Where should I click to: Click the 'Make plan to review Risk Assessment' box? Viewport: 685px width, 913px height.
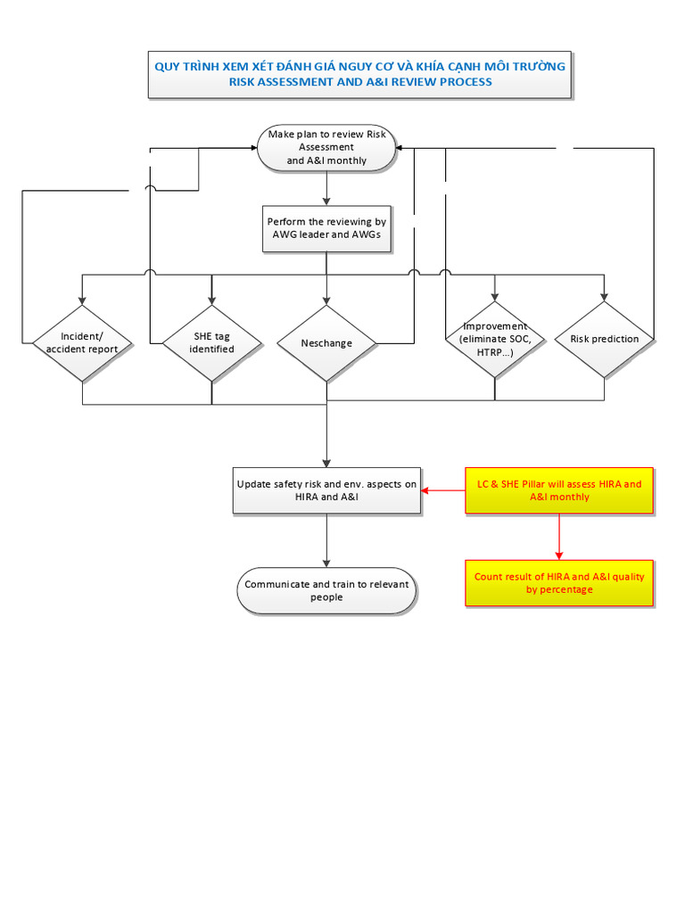pyautogui.click(x=326, y=147)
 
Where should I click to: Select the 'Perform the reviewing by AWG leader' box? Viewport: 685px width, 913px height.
pyautogui.click(x=326, y=228)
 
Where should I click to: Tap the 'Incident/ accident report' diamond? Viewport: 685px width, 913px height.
pyautogui.click(x=82, y=342)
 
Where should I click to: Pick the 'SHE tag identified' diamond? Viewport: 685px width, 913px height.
pyautogui.click(x=211, y=342)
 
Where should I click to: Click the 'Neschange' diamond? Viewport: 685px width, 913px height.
pyautogui.click(x=326, y=343)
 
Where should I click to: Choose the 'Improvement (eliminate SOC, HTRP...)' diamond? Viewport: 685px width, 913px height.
pyautogui.click(x=495, y=339)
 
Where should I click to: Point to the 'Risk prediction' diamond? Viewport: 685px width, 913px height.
pyautogui.click(x=604, y=339)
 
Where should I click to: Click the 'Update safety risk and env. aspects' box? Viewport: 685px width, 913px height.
pyautogui.click(x=326, y=489)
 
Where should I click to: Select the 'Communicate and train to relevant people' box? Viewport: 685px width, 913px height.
pyautogui.click(x=326, y=590)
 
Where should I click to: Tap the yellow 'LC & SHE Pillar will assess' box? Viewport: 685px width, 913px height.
pyautogui.click(x=559, y=490)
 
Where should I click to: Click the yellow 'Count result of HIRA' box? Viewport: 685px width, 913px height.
pyautogui.click(x=559, y=583)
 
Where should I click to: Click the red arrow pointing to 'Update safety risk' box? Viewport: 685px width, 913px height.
pyautogui.click(x=442, y=490)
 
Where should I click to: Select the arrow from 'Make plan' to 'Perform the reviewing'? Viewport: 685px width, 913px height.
pyautogui.click(x=326, y=188)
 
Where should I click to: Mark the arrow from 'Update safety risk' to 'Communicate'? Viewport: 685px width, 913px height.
pyautogui.click(x=326, y=540)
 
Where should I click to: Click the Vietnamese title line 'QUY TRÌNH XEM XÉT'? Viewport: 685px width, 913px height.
pyautogui.click(x=359, y=66)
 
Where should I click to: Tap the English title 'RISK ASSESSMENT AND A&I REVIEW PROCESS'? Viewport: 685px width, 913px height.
pyautogui.click(x=359, y=82)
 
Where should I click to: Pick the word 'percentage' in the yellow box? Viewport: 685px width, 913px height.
pyautogui.click(x=572, y=589)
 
